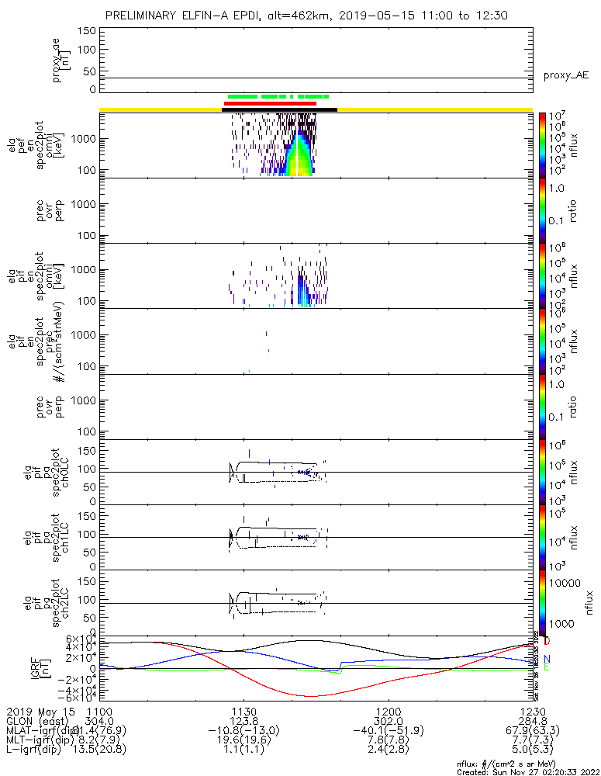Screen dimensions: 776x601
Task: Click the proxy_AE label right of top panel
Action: tap(566, 75)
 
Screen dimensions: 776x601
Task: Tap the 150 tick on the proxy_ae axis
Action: tap(87, 31)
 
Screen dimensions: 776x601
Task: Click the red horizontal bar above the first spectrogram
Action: tap(270, 103)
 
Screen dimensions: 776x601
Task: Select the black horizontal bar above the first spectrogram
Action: tap(279, 109)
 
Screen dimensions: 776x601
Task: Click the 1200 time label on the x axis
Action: tap(387, 711)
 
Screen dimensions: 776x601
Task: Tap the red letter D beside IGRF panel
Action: tap(547, 642)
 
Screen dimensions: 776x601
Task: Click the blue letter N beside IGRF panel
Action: tap(547, 659)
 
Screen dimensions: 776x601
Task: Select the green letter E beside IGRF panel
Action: tap(547, 667)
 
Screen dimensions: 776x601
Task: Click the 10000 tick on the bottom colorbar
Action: tap(566, 583)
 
